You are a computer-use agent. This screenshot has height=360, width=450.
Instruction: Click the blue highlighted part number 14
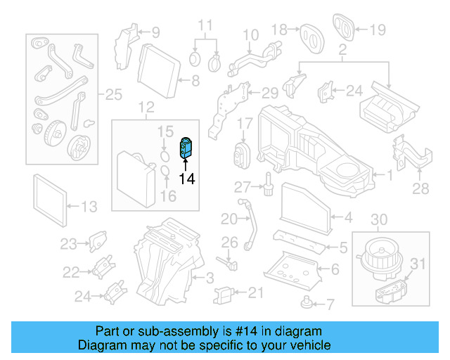click(187, 148)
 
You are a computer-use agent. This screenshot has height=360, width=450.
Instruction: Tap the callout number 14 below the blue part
click(186, 179)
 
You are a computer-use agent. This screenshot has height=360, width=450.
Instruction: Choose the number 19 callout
click(378, 30)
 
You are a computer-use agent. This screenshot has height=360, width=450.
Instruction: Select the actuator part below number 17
click(243, 153)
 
